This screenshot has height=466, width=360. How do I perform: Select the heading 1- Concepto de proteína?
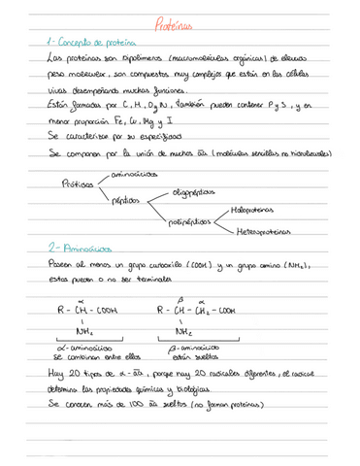88,44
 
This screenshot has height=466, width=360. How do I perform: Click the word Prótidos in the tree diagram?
77,183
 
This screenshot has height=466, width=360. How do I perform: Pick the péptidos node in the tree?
125,198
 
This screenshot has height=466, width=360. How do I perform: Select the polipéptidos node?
188,220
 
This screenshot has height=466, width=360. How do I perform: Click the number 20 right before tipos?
71,375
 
